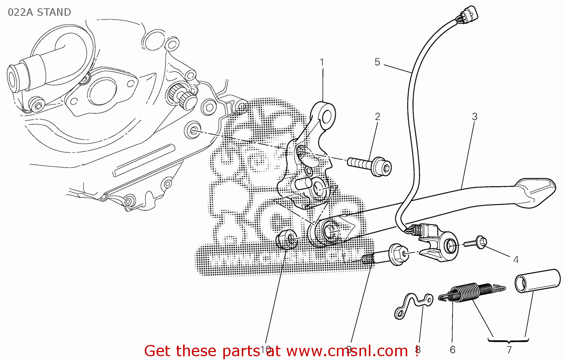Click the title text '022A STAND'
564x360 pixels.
[x=39, y=12]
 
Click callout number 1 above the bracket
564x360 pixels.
[x=322, y=62]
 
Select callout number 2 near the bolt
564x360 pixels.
[x=378, y=117]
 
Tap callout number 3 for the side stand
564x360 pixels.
[x=475, y=117]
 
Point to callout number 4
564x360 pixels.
[x=516, y=260]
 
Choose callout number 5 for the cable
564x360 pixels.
[x=378, y=62]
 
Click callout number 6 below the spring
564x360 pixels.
[x=453, y=350]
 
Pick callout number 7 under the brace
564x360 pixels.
[x=509, y=350]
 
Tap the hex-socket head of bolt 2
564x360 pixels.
[x=384, y=167]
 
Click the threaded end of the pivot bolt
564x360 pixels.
[x=368, y=259]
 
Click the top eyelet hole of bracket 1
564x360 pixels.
[x=327, y=115]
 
